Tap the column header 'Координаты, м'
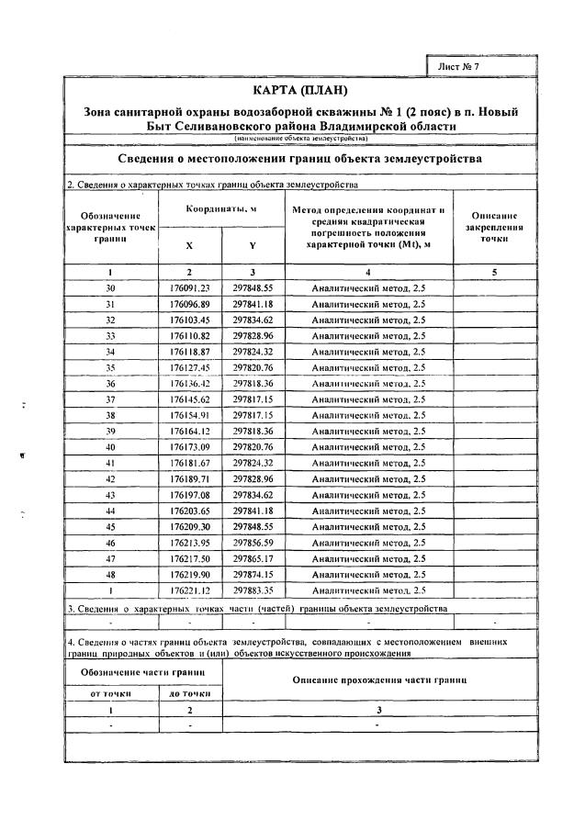[x=221, y=209]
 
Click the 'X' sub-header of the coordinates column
[x=189, y=246]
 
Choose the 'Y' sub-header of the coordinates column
[x=253, y=246]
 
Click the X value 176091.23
[x=190, y=287]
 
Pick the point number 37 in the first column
[x=110, y=399]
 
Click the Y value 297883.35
[x=253, y=589]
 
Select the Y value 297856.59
[x=253, y=542]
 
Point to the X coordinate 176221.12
[x=190, y=589]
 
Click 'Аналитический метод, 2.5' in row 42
[x=368, y=479]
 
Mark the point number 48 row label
[x=110, y=573]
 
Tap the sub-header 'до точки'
[x=189, y=693]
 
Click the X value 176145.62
[x=190, y=399]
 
